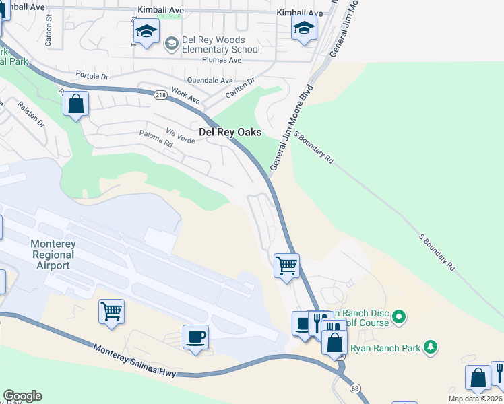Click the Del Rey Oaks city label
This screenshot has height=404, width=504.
click(x=229, y=133)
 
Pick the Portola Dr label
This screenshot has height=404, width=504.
click(x=92, y=75)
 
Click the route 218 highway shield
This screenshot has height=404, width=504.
click(x=160, y=96)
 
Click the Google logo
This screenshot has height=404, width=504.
click(x=22, y=395)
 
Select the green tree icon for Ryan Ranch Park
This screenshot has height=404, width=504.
click(x=430, y=347)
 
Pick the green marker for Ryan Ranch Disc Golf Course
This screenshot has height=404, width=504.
click(x=399, y=315)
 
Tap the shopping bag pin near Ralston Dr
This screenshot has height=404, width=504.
click(x=76, y=104)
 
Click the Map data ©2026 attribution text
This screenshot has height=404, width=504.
click(x=474, y=399)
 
